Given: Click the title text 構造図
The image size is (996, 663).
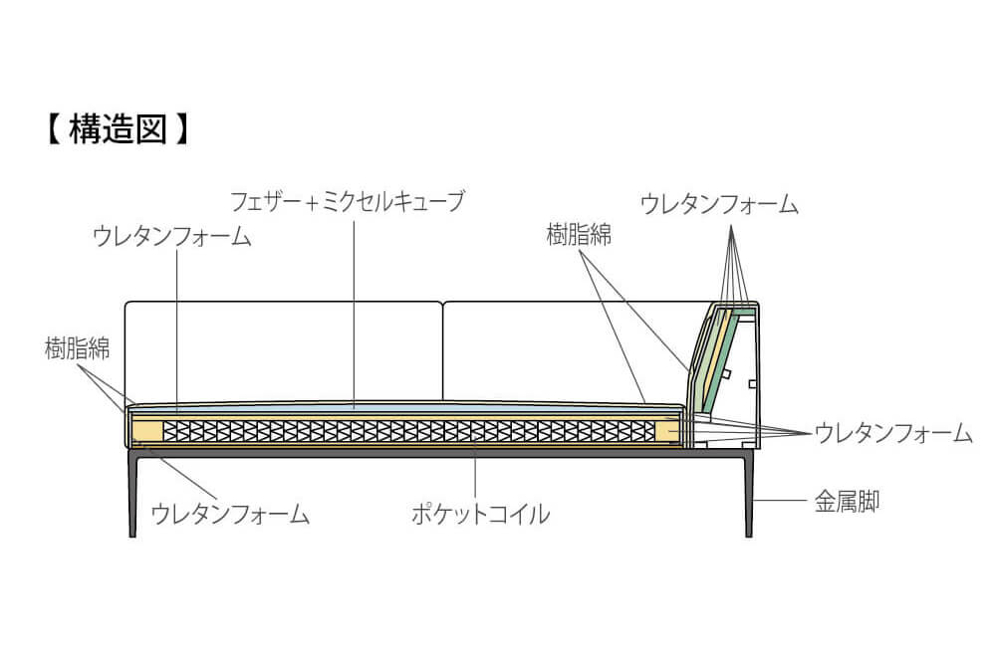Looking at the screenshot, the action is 118,129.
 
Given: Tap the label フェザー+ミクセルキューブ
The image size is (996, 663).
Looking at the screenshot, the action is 348,201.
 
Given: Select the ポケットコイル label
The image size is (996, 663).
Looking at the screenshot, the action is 481,513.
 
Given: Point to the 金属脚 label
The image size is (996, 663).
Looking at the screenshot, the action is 847,502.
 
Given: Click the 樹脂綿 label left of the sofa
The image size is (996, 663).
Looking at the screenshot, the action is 77,348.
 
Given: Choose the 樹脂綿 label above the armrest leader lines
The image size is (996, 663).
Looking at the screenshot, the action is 579,234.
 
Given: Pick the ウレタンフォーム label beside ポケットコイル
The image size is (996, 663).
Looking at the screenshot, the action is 230,513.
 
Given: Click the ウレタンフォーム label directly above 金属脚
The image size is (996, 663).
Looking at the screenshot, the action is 893,433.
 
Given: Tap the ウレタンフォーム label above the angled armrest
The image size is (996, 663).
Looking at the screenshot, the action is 719,204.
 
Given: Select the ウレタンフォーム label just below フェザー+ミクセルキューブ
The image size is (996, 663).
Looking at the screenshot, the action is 172,236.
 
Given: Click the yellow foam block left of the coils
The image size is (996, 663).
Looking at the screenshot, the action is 146,432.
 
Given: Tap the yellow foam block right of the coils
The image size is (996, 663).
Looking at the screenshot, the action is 667,432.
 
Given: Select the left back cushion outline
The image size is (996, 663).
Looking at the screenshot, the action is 283,303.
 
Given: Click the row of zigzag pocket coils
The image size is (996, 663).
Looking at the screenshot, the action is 409,432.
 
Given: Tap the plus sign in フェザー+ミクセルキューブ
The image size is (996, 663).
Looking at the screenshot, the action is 311,204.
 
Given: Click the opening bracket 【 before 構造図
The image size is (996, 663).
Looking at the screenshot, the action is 55,129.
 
